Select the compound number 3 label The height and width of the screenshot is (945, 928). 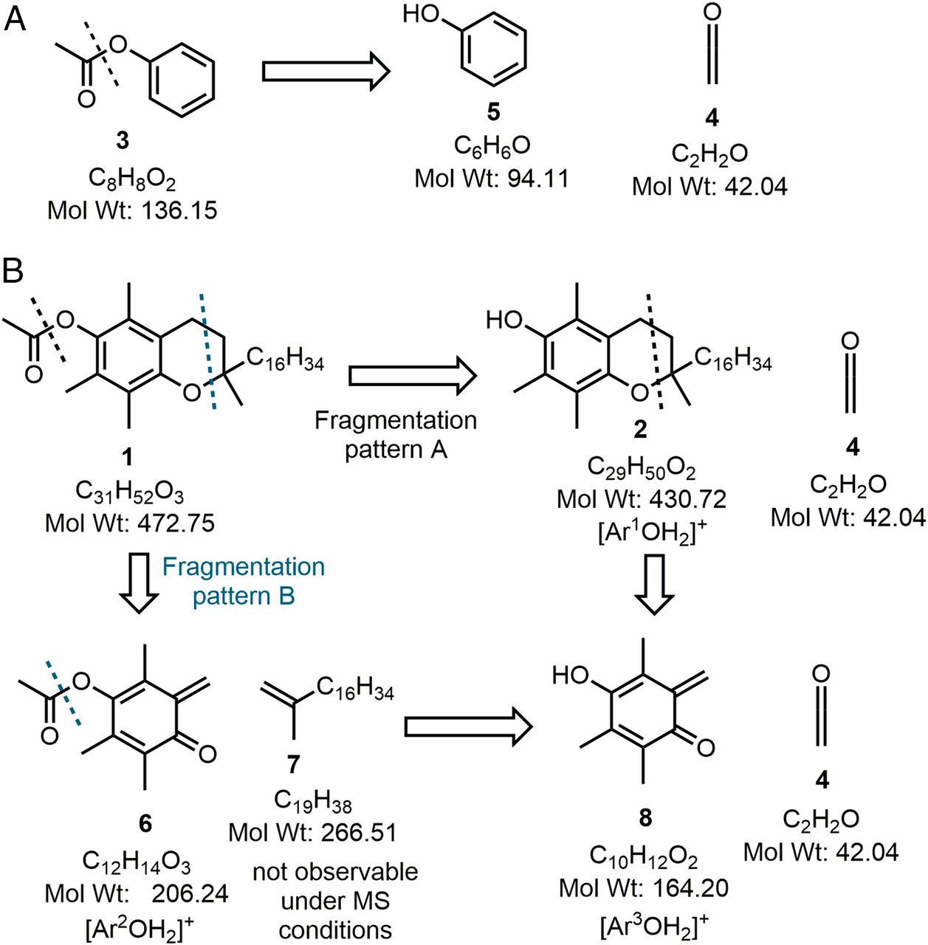[x=123, y=140]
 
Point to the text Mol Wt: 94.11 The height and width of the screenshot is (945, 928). [x=492, y=178]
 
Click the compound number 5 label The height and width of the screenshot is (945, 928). [x=493, y=111]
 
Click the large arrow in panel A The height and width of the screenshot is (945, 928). [x=326, y=72]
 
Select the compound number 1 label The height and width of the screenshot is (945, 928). [x=127, y=457]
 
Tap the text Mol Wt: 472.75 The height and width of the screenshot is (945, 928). [x=130, y=523]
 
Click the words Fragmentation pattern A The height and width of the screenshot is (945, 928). [x=396, y=434]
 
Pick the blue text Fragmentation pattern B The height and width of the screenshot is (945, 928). [x=243, y=581]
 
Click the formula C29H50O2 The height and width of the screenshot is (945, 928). [x=641, y=467]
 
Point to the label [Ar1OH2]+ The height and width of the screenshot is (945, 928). [x=647, y=532]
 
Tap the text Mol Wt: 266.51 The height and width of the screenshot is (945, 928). [x=312, y=832]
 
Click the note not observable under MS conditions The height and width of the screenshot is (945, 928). [x=335, y=901]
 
